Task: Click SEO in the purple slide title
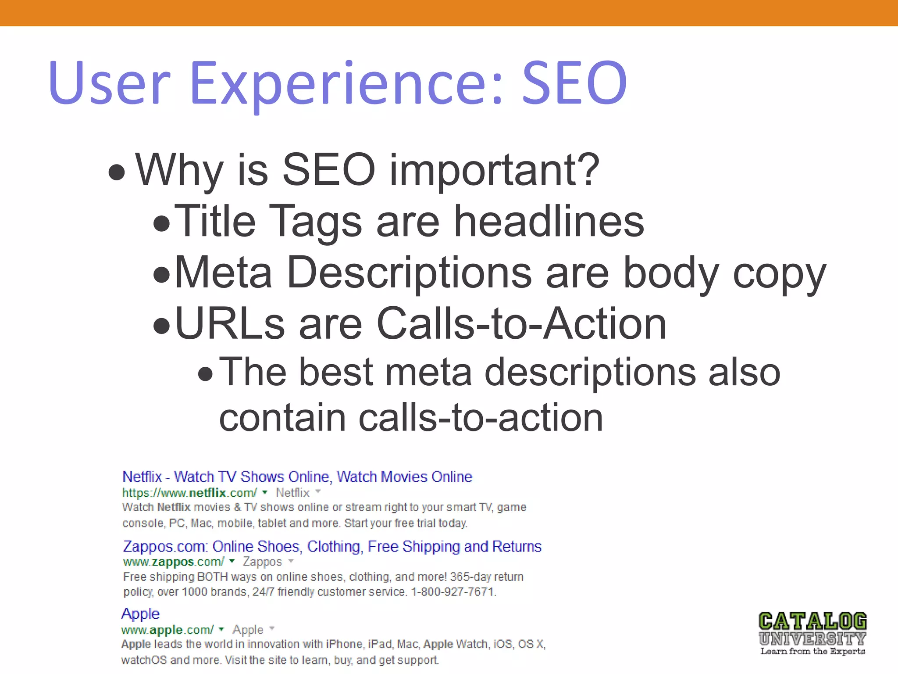click(x=574, y=83)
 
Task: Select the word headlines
click(x=549, y=222)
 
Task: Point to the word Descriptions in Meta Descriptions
click(x=409, y=273)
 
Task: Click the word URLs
click(x=230, y=324)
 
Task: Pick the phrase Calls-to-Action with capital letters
click(x=521, y=324)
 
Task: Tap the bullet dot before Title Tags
click(x=162, y=223)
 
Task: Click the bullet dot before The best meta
click(x=206, y=374)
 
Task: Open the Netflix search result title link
click(x=297, y=477)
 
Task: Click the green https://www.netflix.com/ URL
click(x=189, y=493)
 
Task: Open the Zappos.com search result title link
click(x=332, y=546)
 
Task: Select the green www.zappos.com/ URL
click(x=174, y=562)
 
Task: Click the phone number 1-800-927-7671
click(x=453, y=592)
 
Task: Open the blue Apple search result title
click(x=140, y=613)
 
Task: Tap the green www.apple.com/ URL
click(x=167, y=630)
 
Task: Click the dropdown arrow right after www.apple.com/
click(x=221, y=630)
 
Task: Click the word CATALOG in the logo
click(x=812, y=621)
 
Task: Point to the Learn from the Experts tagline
click(x=812, y=652)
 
